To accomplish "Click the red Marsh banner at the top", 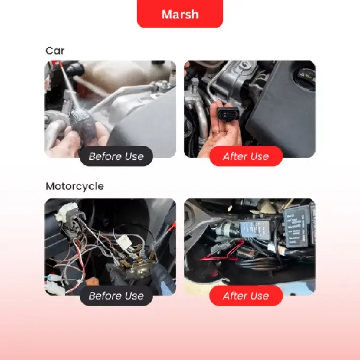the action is (180, 14).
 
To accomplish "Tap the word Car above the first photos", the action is (55, 51).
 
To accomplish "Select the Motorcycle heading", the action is (75, 186).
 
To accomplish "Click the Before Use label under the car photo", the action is (116, 156).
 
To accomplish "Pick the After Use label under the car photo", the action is (246, 156).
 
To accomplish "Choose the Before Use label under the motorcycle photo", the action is (116, 296).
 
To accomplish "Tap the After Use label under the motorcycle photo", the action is (246, 296).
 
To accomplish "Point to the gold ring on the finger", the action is (216, 132).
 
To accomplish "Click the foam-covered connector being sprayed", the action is (82, 123).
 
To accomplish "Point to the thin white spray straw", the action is (68, 87).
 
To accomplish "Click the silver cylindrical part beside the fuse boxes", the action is (226, 229).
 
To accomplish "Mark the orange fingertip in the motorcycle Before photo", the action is (94, 281).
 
